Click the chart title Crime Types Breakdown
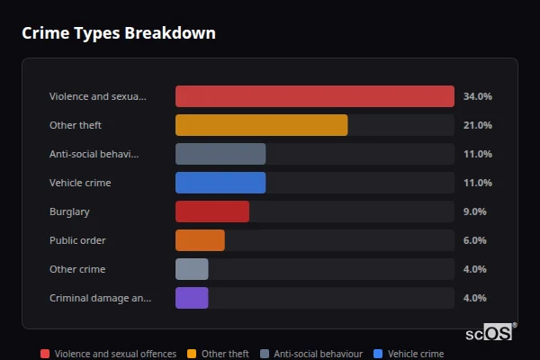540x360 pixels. [x=118, y=33]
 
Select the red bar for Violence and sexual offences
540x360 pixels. [x=314, y=96]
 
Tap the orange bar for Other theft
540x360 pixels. [x=261, y=125]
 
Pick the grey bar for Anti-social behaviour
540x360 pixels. [x=220, y=154]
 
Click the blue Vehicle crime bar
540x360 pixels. [x=220, y=183]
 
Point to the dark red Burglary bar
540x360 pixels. [x=212, y=211]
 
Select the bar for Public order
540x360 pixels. [x=200, y=240]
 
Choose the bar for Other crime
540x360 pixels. [x=192, y=269]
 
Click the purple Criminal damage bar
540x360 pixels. [x=192, y=298]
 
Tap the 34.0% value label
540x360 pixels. [x=477, y=96]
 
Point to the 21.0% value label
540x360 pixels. [x=477, y=125]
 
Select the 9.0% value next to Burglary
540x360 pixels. [x=474, y=211]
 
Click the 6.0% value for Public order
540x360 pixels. [x=474, y=240]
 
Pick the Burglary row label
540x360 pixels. [x=69, y=211]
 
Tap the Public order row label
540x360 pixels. [x=77, y=240]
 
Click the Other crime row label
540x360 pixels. [x=77, y=269]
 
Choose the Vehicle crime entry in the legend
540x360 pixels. [x=415, y=355]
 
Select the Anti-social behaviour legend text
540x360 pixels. [x=318, y=355]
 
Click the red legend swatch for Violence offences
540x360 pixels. [x=45, y=355]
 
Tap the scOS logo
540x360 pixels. [x=490, y=333]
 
